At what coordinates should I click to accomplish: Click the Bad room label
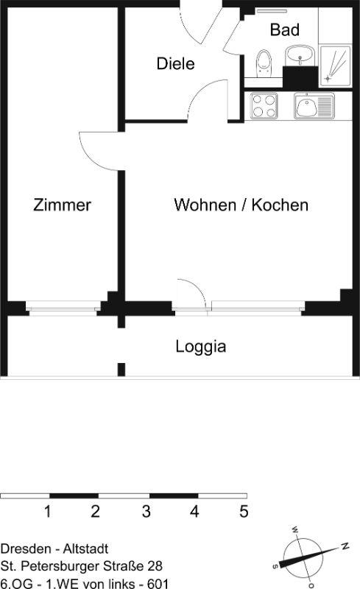click(x=284, y=29)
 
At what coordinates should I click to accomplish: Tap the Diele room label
click(x=175, y=63)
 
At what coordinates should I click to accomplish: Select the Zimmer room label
click(x=62, y=205)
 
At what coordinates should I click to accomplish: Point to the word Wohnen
click(x=205, y=205)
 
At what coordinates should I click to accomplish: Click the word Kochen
click(x=280, y=205)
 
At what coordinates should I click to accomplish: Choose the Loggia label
click(x=201, y=347)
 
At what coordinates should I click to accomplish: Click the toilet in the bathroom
click(x=264, y=63)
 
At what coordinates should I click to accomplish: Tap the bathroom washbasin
click(x=300, y=56)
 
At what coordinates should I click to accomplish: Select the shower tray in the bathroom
click(x=335, y=66)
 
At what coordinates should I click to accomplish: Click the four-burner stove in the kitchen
click(x=264, y=106)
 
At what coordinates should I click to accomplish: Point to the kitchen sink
click(x=314, y=106)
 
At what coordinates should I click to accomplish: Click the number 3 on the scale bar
click(x=147, y=511)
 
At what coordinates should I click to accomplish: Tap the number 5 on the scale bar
click(x=244, y=511)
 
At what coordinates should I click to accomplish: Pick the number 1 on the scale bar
click(x=47, y=511)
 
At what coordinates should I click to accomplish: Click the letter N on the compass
click(x=345, y=546)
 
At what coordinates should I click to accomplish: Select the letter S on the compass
click(x=275, y=565)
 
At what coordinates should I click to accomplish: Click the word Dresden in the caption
click(x=26, y=549)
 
